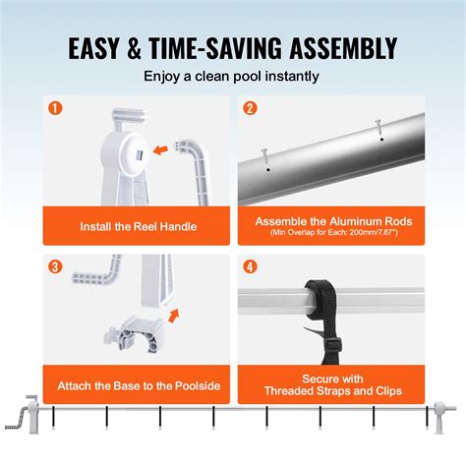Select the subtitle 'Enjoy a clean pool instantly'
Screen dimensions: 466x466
click(233, 76)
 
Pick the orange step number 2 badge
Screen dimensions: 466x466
click(250, 109)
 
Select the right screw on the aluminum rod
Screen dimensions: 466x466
click(377, 126)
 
